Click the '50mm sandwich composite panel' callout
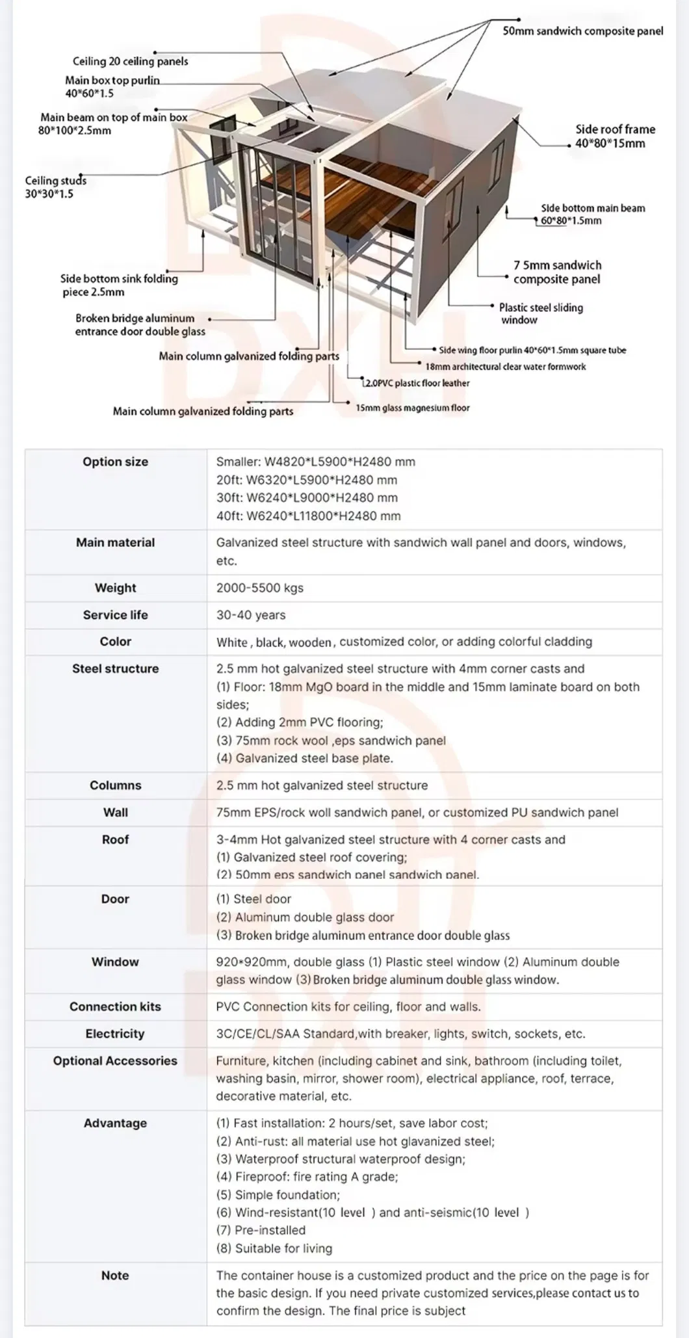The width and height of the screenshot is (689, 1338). click(x=582, y=31)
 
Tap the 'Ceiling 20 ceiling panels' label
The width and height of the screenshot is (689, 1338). click(x=130, y=61)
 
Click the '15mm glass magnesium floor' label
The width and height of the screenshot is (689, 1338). click(x=412, y=408)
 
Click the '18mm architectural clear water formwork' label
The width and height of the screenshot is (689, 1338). click(x=505, y=367)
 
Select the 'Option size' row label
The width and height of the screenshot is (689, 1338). click(x=115, y=462)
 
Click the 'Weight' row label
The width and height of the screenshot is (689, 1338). click(x=115, y=588)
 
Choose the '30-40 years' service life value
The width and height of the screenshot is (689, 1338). click(x=251, y=615)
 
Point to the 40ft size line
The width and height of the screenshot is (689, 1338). click(x=308, y=516)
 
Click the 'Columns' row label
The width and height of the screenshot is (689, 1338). click(x=115, y=785)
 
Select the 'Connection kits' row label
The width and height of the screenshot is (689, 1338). click(x=115, y=1006)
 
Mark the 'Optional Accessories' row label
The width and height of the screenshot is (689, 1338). click(x=115, y=1060)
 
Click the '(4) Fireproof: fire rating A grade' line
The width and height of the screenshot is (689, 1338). click(x=307, y=1176)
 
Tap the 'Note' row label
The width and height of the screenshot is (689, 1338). click(x=115, y=1275)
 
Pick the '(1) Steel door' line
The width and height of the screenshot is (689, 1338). click(x=253, y=899)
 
